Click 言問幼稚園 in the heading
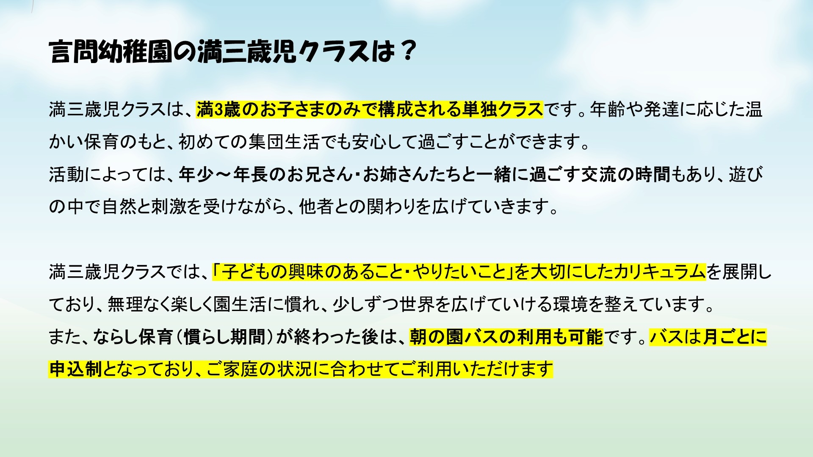[111, 52]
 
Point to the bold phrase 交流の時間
[625, 174]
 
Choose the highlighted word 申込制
[75, 369]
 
